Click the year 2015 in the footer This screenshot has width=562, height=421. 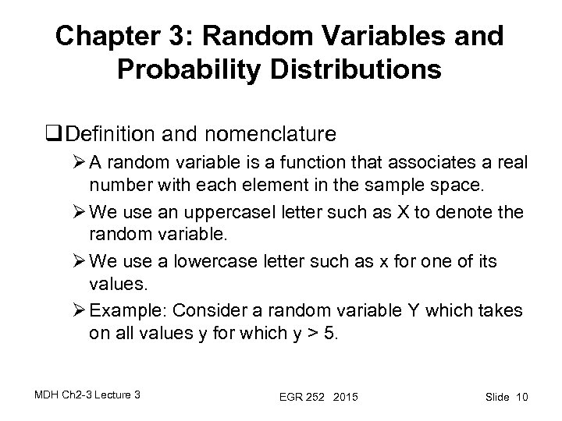(343, 398)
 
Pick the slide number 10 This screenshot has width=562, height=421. (521, 398)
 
